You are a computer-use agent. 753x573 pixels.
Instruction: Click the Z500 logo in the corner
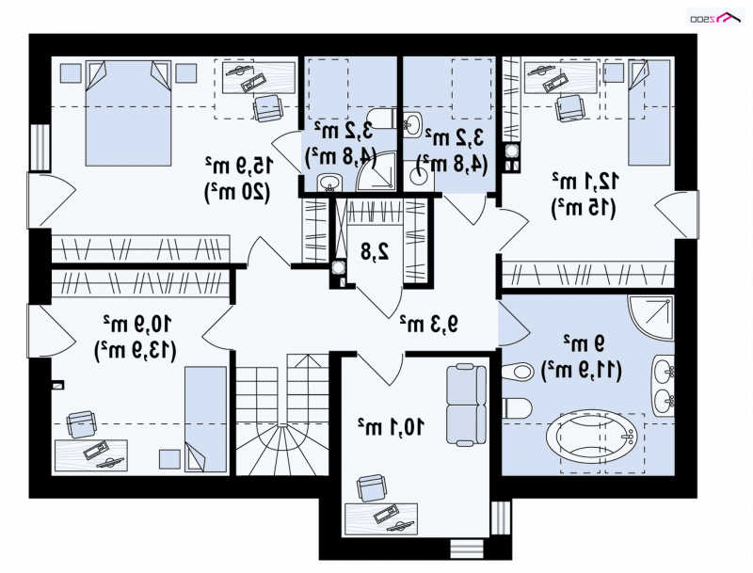(x=716, y=18)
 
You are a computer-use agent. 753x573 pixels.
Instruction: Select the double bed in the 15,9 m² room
(x=128, y=113)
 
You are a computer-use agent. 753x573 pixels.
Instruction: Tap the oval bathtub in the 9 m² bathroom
(x=592, y=438)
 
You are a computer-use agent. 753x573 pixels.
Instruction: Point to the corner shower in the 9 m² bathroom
(x=650, y=318)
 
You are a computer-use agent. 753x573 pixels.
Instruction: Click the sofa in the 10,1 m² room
(x=466, y=405)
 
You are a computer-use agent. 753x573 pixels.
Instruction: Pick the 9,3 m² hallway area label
(x=429, y=324)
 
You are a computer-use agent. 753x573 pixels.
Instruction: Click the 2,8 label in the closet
(x=375, y=251)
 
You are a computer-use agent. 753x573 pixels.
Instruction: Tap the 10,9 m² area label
(x=136, y=324)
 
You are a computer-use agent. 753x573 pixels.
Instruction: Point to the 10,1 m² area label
(x=391, y=426)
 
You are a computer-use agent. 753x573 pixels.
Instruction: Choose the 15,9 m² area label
(x=239, y=166)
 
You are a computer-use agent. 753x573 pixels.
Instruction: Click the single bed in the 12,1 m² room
(x=649, y=112)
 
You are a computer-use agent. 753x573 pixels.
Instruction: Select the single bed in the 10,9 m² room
(x=205, y=420)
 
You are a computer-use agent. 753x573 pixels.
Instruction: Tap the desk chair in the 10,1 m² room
(x=371, y=488)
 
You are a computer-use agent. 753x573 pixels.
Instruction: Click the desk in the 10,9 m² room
(x=90, y=455)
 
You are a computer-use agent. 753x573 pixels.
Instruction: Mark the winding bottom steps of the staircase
(x=282, y=449)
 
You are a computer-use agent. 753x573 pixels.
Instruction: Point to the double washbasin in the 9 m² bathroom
(x=664, y=386)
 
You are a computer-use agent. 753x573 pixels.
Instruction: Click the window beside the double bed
(x=40, y=148)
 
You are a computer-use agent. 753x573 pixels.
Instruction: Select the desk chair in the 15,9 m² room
(x=266, y=108)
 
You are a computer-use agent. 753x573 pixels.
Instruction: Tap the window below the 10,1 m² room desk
(x=467, y=549)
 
